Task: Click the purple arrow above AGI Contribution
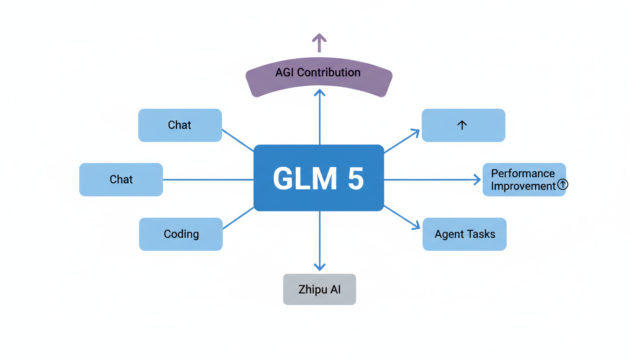[x=319, y=42]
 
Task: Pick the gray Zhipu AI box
[x=320, y=289]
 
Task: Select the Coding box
[x=181, y=234]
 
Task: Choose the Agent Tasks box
[x=465, y=234]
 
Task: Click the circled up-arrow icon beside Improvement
[x=562, y=185]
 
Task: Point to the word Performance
[x=523, y=173]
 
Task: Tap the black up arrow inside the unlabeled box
[x=462, y=125]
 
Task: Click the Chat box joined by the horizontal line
[x=121, y=180]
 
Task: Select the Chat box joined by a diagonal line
[x=180, y=125]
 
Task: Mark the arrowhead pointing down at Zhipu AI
[x=320, y=267]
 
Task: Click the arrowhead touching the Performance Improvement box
[x=477, y=180]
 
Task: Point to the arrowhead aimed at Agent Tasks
[x=416, y=226]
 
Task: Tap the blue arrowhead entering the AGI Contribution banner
[x=320, y=93]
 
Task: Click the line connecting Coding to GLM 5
[x=238, y=218]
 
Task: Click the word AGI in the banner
[x=285, y=73]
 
